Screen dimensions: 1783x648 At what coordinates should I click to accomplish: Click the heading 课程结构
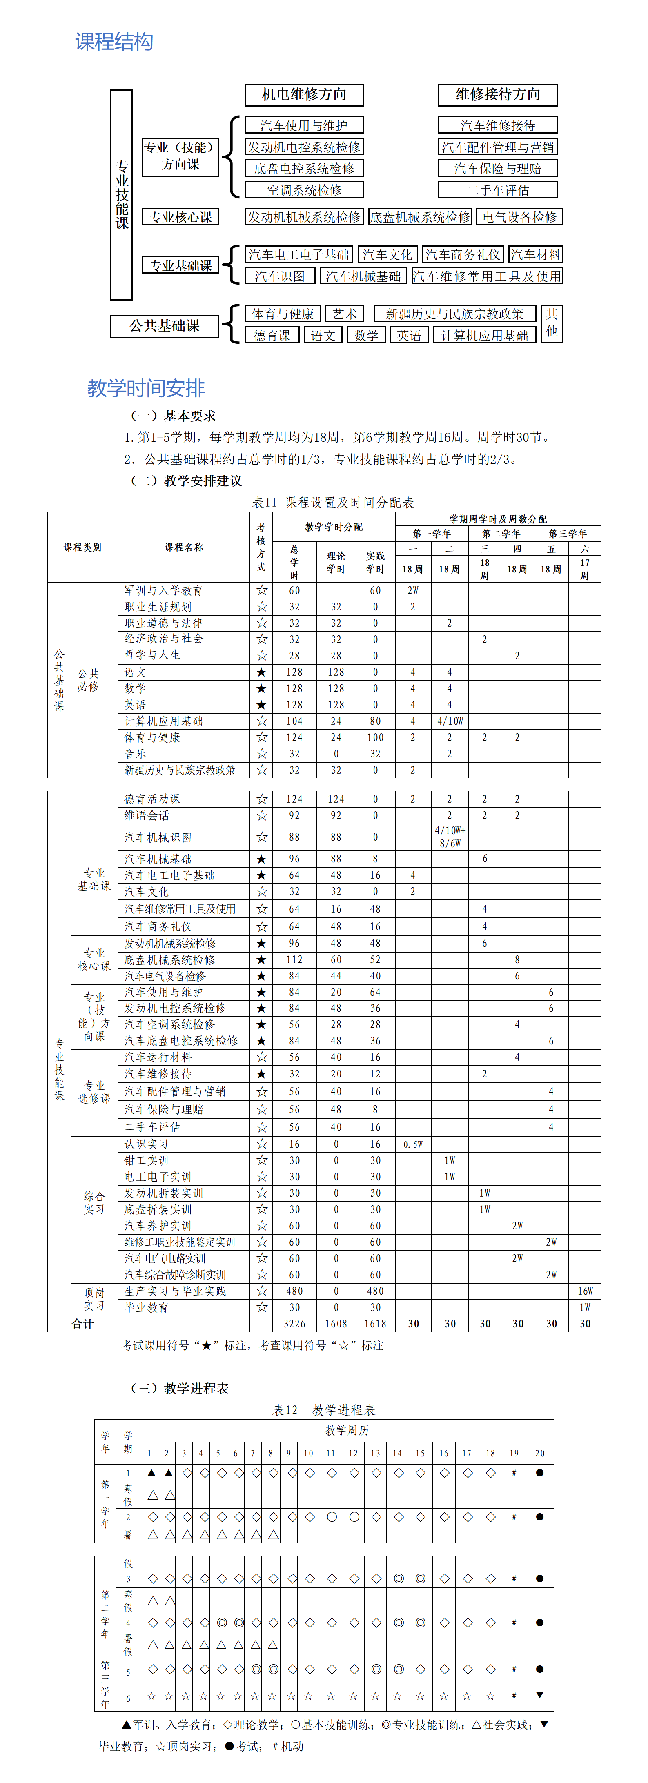click(x=114, y=42)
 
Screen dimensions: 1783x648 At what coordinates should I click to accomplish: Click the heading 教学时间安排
click(x=146, y=388)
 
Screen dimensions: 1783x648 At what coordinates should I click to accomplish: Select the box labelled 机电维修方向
click(x=304, y=95)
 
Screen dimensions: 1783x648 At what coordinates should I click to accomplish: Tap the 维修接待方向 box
click(x=498, y=95)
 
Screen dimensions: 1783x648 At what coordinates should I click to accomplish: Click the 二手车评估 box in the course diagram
click(x=498, y=190)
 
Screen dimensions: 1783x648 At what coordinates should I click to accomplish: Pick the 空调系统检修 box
click(x=304, y=190)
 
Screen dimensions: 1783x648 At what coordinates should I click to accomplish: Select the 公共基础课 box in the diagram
click(x=164, y=326)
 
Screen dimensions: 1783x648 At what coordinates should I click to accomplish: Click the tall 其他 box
click(x=552, y=323)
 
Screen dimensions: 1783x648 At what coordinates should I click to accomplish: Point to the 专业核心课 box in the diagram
click(x=181, y=217)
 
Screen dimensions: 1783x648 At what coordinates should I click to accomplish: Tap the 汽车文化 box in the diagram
click(x=387, y=255)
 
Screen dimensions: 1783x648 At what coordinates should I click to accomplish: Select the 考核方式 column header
click(x=261, y=547)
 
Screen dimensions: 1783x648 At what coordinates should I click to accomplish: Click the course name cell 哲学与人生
click(x=152, y=655)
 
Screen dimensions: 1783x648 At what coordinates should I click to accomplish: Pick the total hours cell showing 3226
click(x=294, y=1323)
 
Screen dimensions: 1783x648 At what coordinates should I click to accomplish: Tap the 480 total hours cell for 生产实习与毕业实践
click(x=294, y=1291)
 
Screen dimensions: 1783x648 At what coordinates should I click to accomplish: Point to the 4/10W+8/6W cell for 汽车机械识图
click(x=450, y=837)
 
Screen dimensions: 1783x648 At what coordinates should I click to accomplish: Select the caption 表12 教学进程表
click(x=324, y=1410)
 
